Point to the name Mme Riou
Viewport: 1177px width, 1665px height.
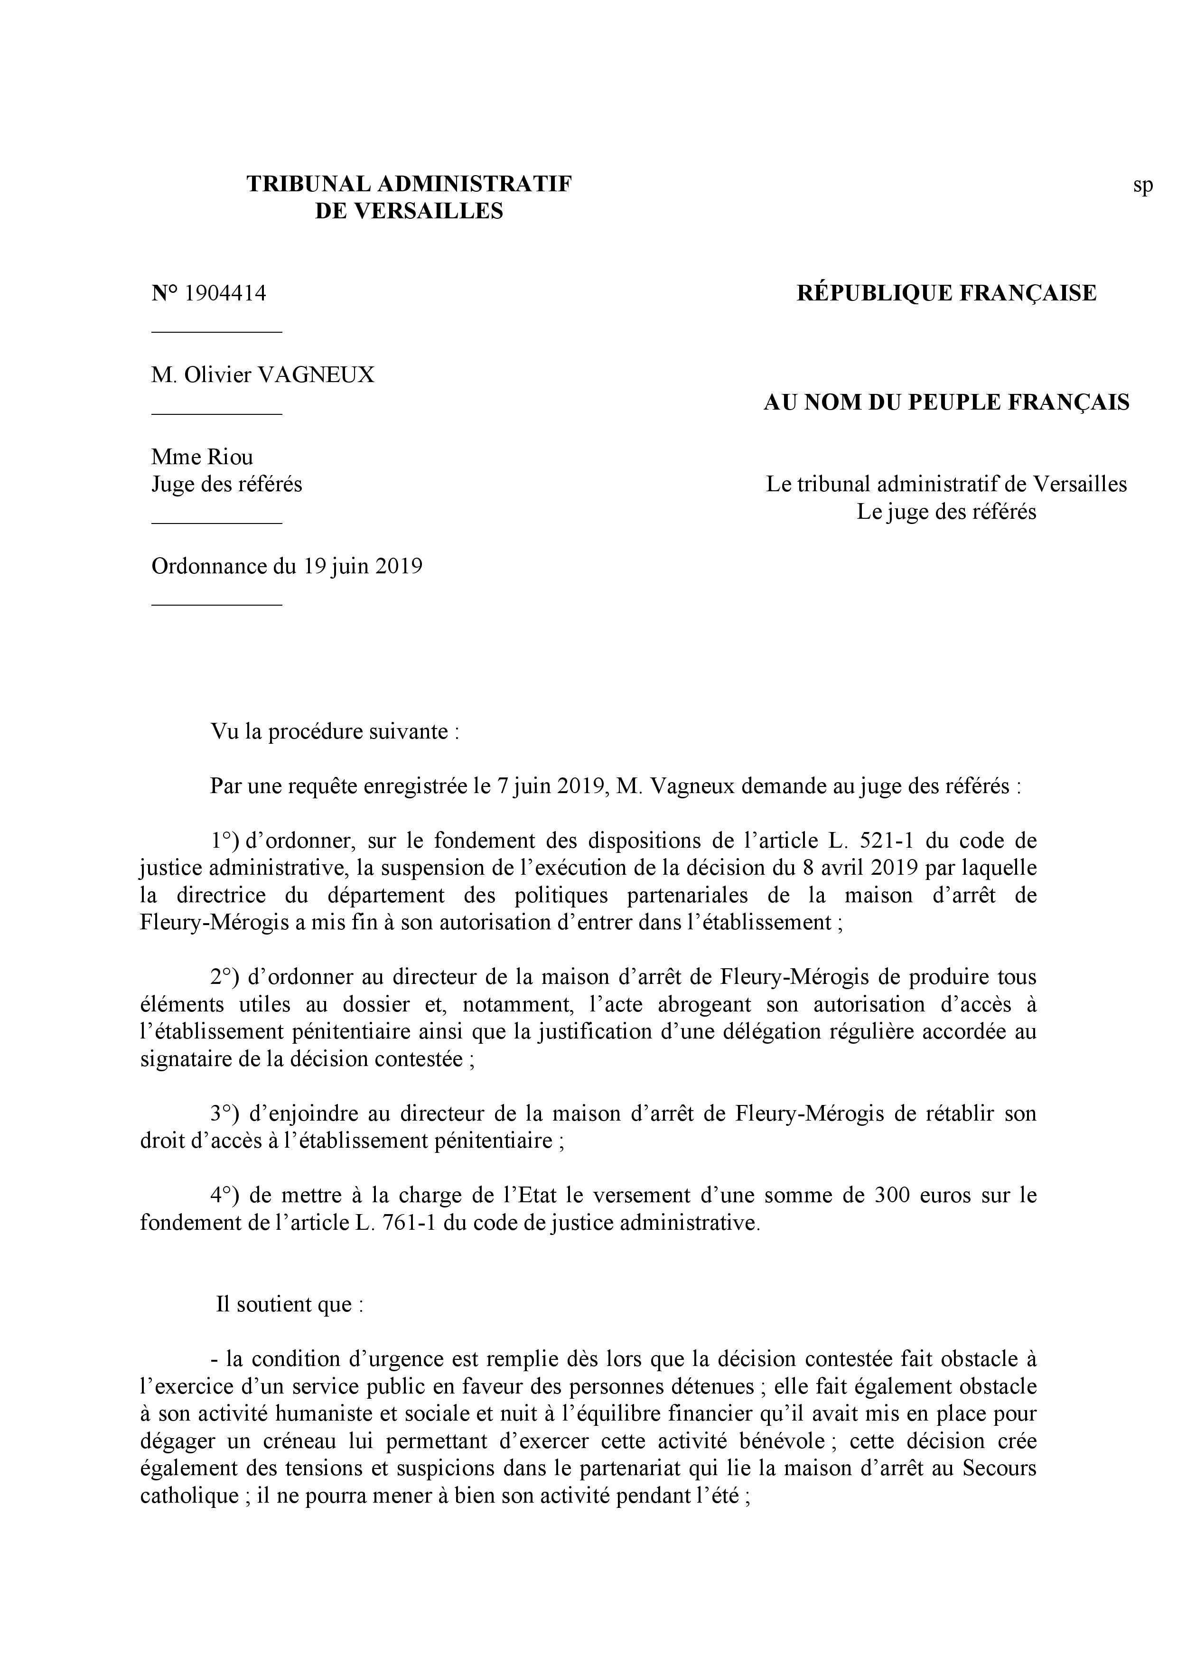click(x=202, y=457)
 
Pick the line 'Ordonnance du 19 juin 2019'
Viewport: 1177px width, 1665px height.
click(x=287, y=566)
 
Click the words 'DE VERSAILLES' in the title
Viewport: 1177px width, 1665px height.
click(x=409, y=211)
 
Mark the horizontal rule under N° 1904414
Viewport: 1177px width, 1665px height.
click(x=216, y=332)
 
